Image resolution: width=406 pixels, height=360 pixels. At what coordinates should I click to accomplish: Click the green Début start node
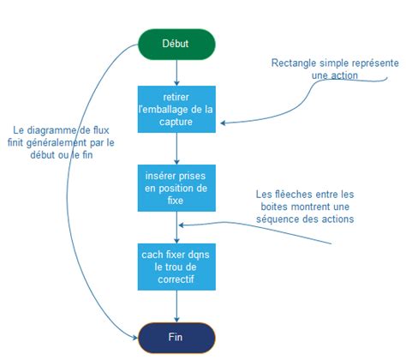[176, 43]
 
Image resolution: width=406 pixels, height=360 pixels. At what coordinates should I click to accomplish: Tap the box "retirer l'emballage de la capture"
[176, 108]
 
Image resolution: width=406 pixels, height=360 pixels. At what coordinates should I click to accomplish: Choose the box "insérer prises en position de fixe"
[176, 188]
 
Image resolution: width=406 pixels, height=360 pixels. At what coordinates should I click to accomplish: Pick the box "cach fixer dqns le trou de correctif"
[176, 267]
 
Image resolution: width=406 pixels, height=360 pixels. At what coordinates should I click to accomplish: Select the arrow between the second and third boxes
[176, 226]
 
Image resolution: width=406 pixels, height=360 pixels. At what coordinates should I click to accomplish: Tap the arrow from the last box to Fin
[176, 305]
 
